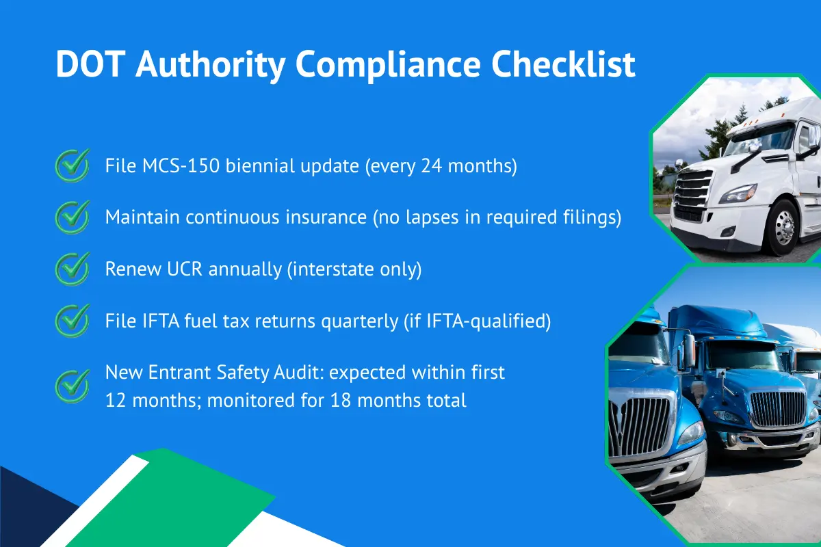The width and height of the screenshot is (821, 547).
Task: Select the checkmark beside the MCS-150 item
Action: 72,166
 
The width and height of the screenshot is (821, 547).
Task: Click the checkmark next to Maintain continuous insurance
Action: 72,217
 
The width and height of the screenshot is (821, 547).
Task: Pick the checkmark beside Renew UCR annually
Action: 72,269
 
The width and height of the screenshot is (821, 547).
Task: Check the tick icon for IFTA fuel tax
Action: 72,320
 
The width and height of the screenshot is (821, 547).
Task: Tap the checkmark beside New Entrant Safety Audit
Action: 72,386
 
